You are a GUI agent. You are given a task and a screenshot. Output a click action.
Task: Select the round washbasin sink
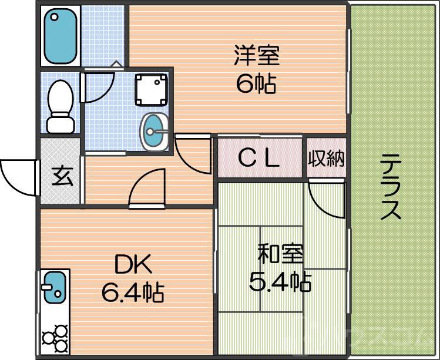(x=154, y=131)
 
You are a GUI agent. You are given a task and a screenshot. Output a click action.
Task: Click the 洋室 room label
(x=256, y=57)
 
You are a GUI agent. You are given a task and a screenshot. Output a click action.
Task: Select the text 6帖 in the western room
(x=256, y=85)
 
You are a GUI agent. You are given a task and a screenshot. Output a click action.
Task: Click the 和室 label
(x=281, y=255)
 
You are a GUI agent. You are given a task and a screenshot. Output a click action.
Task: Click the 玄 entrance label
(x=61, y=176)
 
